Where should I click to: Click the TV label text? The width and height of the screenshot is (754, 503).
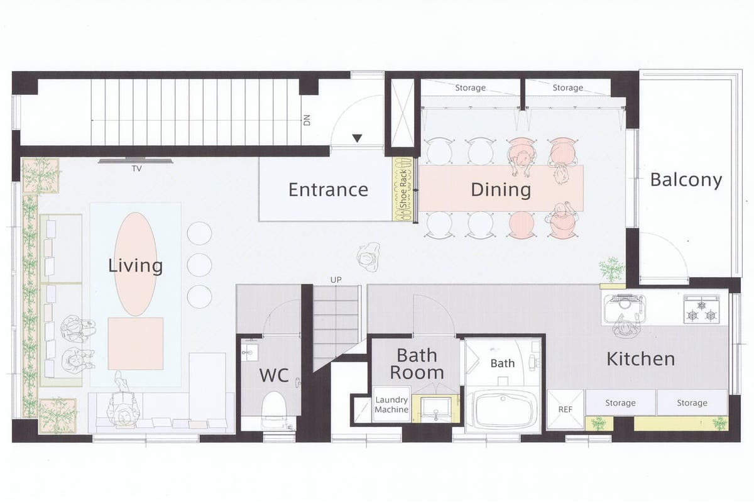coord(137,169)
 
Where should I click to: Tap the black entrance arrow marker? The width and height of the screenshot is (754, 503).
coord(357,138)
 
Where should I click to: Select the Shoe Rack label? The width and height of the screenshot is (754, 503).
coord(403,189)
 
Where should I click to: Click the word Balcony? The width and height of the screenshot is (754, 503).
coord(686,180)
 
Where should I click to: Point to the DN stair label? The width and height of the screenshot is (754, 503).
coord(307,120)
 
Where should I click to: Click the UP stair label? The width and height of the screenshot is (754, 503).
coord(336,280)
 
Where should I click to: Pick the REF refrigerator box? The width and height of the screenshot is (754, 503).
coord(565,409)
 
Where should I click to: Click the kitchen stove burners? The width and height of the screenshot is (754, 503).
coord(702,311)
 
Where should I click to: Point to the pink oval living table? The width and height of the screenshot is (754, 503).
coord(136,264)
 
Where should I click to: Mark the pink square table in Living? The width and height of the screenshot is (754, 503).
coord(136,343)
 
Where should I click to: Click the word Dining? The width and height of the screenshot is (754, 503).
coord(501,190)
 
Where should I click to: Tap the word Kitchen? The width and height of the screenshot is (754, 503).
coord(640,359)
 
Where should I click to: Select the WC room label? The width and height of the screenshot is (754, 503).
coord(274,375)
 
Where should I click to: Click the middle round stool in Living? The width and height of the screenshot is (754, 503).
coord(199,265)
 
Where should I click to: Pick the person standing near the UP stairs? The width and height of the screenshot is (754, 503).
coord(369,257)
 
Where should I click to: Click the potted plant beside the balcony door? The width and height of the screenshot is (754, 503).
coord(611,270)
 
